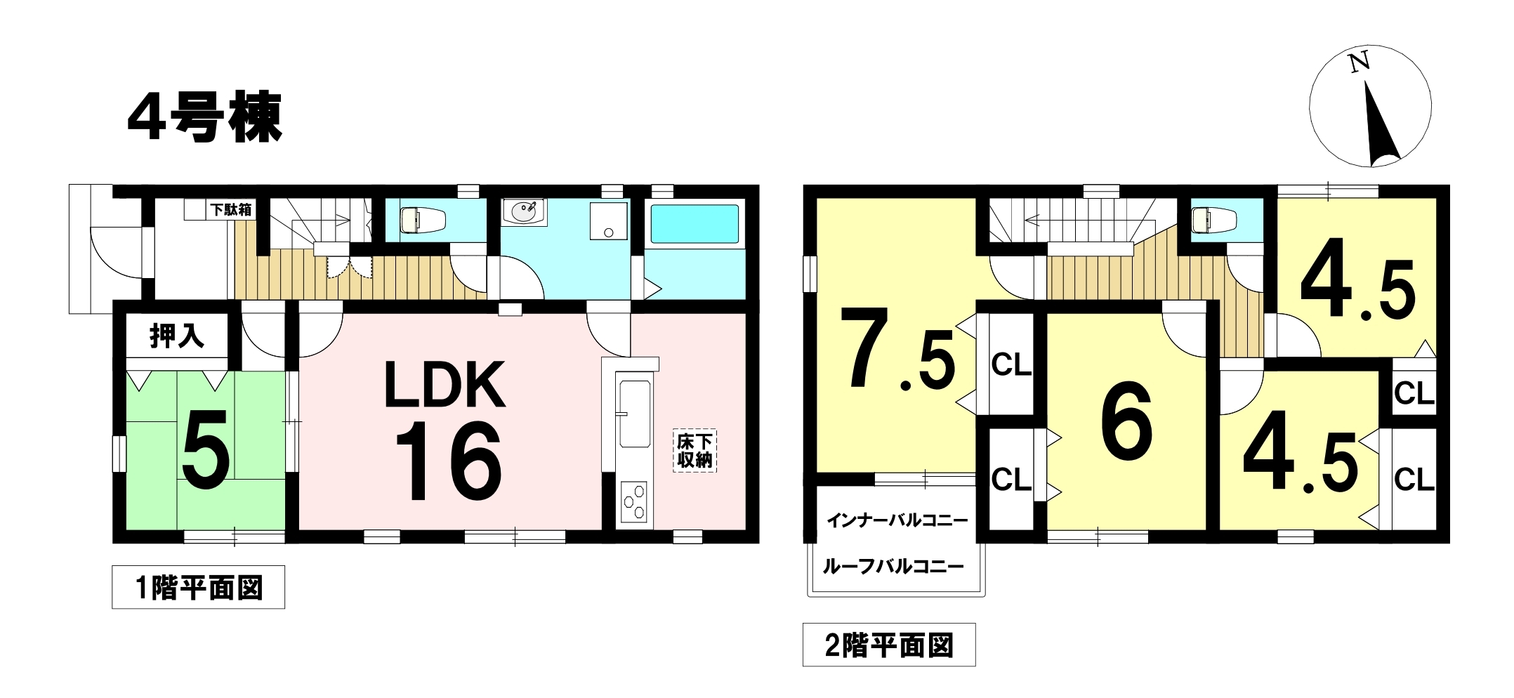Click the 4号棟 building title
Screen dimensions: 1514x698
205,117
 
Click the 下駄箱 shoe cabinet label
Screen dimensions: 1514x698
230,209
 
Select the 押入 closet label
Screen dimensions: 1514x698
176,336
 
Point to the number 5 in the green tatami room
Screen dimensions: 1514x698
205,449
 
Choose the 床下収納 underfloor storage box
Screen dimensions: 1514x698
695,450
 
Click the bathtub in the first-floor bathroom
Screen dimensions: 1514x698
695,224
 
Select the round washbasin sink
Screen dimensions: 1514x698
524,211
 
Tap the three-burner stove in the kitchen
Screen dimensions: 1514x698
634,501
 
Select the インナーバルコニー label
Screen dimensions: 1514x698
897,520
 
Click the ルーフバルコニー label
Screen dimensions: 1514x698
893,566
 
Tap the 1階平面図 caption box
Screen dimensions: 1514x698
198,587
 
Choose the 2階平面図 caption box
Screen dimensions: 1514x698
889,645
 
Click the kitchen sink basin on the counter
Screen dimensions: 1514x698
634,413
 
